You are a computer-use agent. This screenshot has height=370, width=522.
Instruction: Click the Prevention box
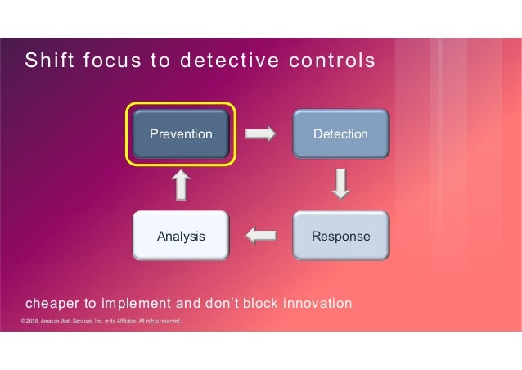point(180,133)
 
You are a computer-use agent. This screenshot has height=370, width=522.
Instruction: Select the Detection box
point(340,133)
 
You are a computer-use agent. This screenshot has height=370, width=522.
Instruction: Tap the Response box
point(340,237)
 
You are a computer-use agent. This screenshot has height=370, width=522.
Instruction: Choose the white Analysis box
point(180,237)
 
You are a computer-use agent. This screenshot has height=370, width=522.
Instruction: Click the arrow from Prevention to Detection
point(260,133)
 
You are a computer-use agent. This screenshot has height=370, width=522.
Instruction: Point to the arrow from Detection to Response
point(341,184)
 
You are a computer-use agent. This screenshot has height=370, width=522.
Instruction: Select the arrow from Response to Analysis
point(260,237)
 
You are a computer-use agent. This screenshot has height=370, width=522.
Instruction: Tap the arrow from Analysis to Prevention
point(181,185)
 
